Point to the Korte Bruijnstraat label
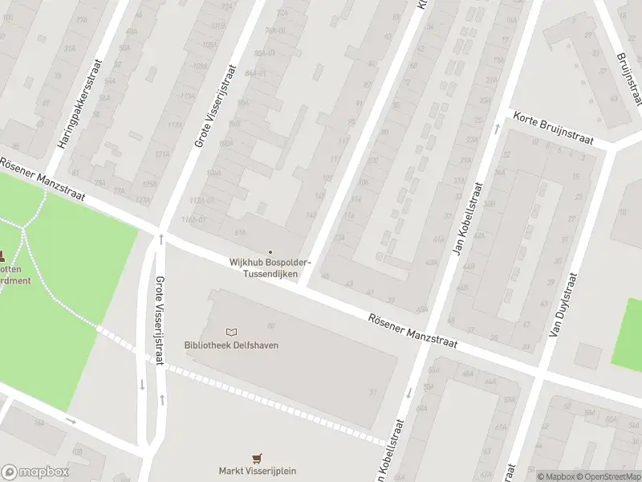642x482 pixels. tap(553, 128)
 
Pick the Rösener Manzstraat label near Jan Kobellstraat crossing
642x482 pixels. tap(412, 329)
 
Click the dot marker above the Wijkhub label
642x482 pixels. tap(270, 253)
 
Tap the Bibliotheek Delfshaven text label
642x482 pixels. tap(226, 345)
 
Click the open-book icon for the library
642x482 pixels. tap(232, 332)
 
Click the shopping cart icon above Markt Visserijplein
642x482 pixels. tap(257, 458)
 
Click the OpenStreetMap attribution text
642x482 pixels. tap(608, 476)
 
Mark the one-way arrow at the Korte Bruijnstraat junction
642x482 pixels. tap(497, 129)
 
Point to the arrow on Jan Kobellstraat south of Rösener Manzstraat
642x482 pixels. tap(408, 393)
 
